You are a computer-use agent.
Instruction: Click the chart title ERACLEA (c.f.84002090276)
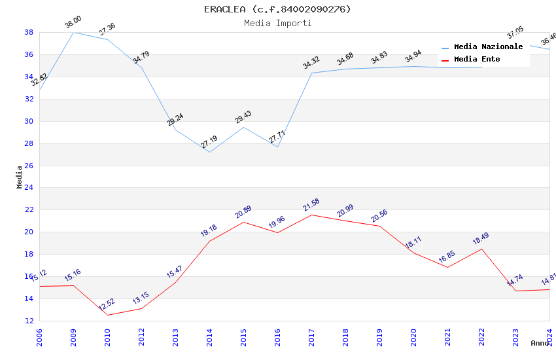pyautogui.click(x=277, y=9)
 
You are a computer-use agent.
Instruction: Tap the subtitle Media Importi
pyautogui.click(x=277, y=23)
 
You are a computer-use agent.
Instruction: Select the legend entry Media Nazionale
pyautogui.click(x=488, y=47)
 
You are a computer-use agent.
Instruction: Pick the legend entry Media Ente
pyautogui.click(x=477, y=60)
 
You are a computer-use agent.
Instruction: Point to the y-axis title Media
pyautogui.click(x=20, y=177)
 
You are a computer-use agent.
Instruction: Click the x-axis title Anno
pyautogui.click(x=540, y=343)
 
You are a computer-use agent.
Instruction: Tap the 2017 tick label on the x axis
pyautogui.click(x=311, y=337)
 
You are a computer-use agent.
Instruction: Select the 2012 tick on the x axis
pyautogui.click(x=141, y=337)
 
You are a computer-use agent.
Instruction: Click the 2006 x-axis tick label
pyautogui.click(x=39, y=337)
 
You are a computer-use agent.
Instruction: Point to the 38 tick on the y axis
pyautogui.click(x=29, y=32)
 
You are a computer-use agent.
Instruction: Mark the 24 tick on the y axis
pyautogui.click(x=29, y=188)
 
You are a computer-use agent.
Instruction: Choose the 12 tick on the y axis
pyautogui.click(x=29, y=321)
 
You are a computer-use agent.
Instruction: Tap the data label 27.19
pyautogui.click(x=209, y=143)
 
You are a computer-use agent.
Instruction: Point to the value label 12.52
pyautogui.click(x=107, y=305)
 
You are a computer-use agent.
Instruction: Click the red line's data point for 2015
pyautogui.click(x=243, y=222)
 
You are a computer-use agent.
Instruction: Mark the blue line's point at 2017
pyautogui.click(x=311, y=73)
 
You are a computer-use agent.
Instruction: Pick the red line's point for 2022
pyautogui.click(x=481, y=249)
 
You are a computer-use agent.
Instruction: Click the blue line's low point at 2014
pyautogui.click(x=209, y=152)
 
